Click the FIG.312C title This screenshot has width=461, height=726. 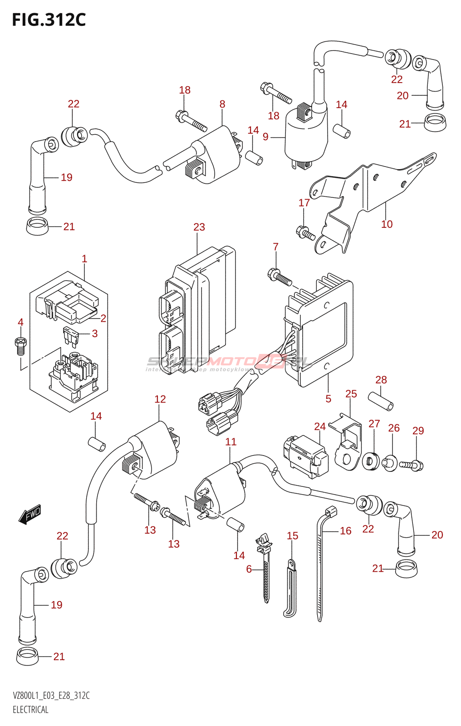[x=49, y=20]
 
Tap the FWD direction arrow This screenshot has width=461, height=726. [x=30, y=515]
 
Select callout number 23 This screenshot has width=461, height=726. [x=199, y=227]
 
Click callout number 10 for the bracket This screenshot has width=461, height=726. [x=387, y=224]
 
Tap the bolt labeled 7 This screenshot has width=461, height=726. [x=280, y=277]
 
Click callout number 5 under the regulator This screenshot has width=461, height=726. [x=328, y=398]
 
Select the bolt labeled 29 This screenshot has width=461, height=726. [x=411, y=465]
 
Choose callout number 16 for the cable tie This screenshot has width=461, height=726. [x=345, y=530]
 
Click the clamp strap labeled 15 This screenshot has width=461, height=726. [x=290, y=590]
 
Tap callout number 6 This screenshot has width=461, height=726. [x=249, y=569]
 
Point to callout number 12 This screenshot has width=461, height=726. [x=160, y=399]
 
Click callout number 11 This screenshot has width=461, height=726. [x=230, y=441]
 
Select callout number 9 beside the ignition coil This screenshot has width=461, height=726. [x=265, y=137]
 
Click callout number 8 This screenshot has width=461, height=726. [x=222, y=104]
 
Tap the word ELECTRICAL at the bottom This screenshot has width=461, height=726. [x=30, y=710]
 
